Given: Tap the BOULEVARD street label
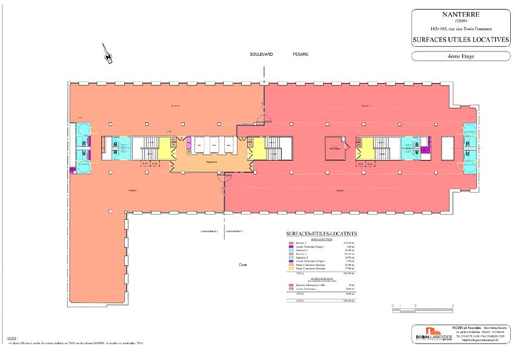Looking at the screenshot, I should (262, 54).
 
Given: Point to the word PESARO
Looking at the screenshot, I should (301, 54).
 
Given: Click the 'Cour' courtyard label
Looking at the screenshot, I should (242, 265).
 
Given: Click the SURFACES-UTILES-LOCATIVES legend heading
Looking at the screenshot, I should (321, 233).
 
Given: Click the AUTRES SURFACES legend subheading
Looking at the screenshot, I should (321, 279).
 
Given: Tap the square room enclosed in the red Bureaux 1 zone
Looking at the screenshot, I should (333, 147).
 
